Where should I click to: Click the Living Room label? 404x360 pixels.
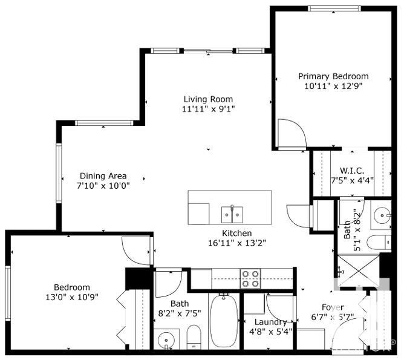pos(207,99)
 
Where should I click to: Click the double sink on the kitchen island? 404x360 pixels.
pos(232,214)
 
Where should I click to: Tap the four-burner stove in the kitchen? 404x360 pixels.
pos(251,279)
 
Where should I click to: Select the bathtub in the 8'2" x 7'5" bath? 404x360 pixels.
pos(224,321)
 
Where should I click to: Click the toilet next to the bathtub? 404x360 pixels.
pos(194,338)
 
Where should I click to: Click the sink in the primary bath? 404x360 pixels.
pos(382,215)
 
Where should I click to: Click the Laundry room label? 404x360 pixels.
pos(266,322)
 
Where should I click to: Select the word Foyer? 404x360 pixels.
pos(332,307)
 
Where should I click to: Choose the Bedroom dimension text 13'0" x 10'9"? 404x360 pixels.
pos(72,297)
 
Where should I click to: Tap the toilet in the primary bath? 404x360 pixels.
pos(380,241)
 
